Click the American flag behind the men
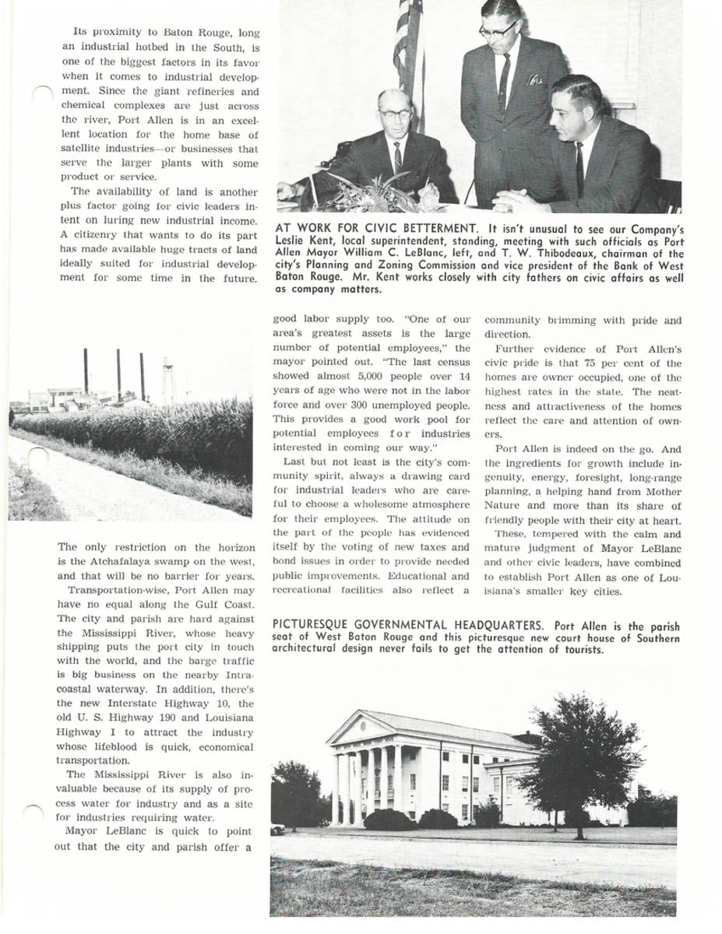pyautogui.click(x=408, y=47)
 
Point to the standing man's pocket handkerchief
pyautogui.click(x=534, y=79)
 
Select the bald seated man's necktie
pyautogui.click(x=397, y=157)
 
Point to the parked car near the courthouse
pyautogui.click(x=277, y=830)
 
